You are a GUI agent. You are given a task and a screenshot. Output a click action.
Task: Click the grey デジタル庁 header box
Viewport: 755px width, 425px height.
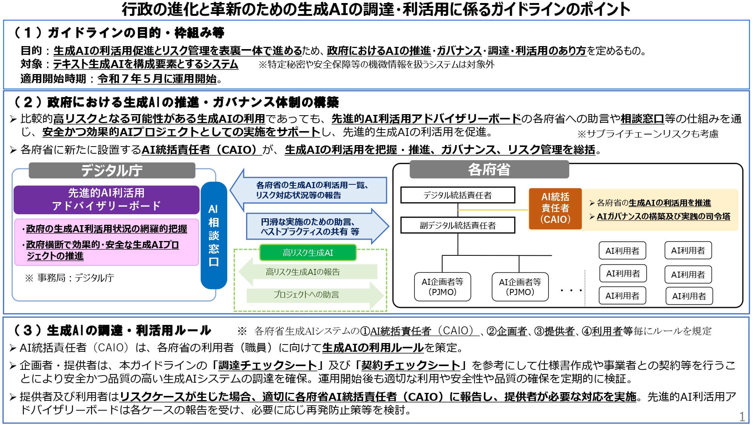point(112,171)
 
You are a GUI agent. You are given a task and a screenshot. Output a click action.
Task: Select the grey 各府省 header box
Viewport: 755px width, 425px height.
point(489,170)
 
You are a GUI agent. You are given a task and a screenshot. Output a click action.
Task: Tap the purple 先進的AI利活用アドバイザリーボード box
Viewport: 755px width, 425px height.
point(106,199)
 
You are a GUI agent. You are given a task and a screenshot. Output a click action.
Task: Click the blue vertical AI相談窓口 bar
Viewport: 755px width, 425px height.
point(214,235)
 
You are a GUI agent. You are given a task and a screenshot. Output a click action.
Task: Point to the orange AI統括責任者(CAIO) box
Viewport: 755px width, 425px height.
point(555,209)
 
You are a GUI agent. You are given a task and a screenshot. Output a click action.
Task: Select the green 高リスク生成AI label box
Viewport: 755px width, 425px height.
point(308,253)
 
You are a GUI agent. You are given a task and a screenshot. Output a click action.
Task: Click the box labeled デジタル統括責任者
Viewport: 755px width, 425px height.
point(458,195)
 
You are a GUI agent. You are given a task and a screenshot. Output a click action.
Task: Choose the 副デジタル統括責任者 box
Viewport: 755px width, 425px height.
point(458,225)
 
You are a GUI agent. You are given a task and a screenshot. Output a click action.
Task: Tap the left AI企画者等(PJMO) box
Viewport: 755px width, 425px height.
point(442,287)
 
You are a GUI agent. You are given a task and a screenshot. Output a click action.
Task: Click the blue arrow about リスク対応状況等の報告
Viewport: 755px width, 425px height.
point(310,190)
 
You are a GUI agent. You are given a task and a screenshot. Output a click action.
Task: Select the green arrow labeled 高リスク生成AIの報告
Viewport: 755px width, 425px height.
point(306,272)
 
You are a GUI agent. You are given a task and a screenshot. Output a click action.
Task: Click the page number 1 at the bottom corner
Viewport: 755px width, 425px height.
point(742,417)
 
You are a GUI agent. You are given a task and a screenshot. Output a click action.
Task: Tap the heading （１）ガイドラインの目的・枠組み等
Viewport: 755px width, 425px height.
point(119,33)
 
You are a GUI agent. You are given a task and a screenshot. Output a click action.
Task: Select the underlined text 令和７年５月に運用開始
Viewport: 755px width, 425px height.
point(157,79)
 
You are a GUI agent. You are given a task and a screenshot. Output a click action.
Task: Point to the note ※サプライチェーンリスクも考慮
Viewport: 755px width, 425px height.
point(648,134)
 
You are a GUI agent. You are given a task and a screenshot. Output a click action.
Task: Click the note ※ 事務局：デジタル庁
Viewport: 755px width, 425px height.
point(69,278)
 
